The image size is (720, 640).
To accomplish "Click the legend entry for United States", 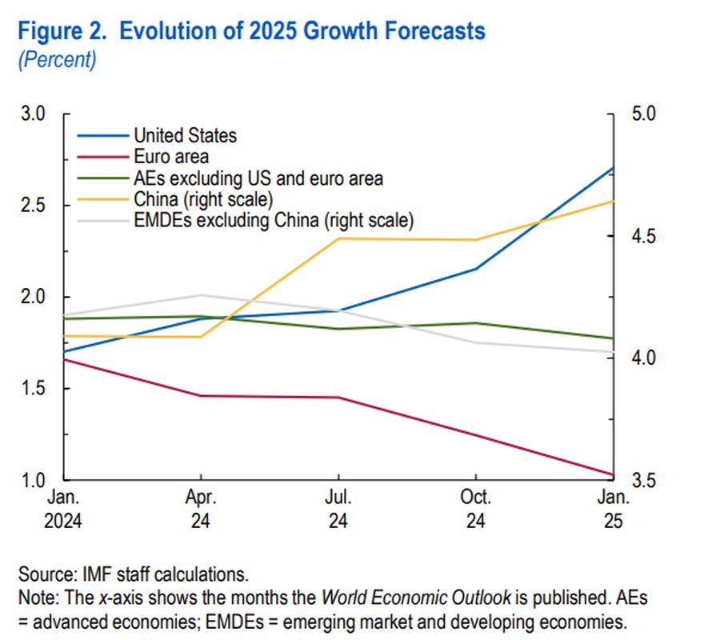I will [186, 135].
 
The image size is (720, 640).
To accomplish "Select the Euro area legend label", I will [171, 157].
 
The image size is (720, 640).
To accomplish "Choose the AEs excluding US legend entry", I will [258, 178].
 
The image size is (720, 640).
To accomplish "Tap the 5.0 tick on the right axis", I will [642, 114].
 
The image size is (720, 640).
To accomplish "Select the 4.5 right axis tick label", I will [642, 236].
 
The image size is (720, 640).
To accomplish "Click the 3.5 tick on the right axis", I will [642, 481].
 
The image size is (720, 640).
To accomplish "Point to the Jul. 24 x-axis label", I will [338, 509].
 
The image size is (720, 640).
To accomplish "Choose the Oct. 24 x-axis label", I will [476, 509].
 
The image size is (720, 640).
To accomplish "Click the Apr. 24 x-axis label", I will [202, 509].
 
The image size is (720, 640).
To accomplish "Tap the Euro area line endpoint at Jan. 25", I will [613, 474].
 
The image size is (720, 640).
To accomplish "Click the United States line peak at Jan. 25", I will [613, 168].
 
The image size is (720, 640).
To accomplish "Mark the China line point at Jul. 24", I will [339, 238].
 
